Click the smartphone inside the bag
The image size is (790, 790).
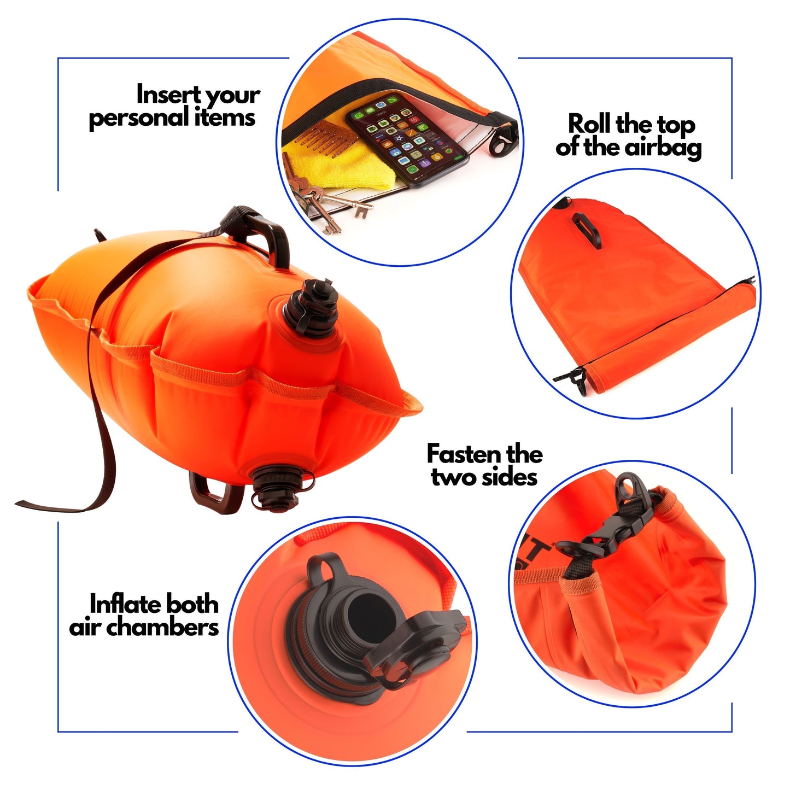point(408,139)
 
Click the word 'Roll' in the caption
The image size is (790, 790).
point(589,124)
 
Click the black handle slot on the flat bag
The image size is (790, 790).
point(587,230)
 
